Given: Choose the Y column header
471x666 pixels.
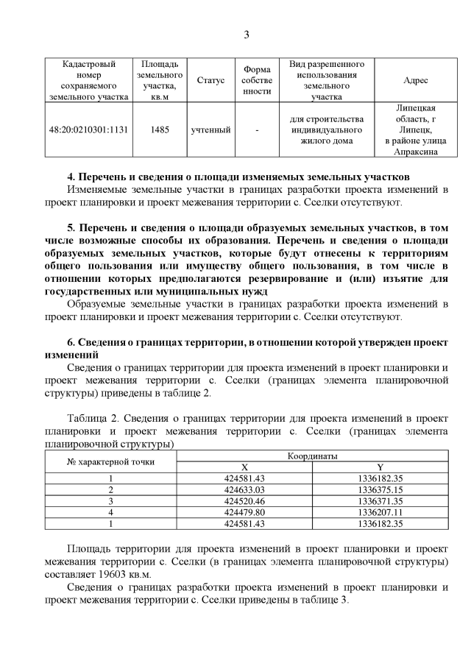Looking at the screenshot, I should click(x=380, y=467).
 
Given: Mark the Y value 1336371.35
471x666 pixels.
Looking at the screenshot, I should click(x=380, y=500).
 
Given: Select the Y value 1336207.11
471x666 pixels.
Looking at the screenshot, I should click(x=380, y=511).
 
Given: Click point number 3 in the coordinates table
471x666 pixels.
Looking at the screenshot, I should click(x=111, y=500).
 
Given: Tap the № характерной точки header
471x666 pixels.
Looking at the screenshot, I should click(x=111, y=461).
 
